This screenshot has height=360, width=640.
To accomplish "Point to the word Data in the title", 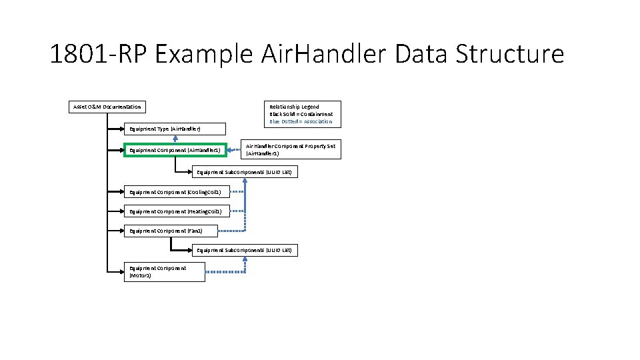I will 419,54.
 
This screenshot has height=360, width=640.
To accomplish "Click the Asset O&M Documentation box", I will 107,107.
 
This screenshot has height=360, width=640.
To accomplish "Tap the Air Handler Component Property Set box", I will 291,149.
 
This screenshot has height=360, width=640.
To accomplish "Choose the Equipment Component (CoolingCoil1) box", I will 177,192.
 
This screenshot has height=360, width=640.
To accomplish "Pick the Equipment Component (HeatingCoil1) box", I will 177,211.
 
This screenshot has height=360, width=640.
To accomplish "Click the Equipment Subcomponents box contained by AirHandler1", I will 244,172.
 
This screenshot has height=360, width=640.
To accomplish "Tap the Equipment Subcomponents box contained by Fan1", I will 244,251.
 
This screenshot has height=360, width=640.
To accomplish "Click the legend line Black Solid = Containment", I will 301,114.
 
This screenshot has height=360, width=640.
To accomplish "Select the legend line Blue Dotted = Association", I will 301,122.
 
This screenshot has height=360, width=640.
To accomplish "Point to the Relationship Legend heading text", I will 294,107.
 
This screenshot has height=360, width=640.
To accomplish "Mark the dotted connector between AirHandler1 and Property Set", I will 234,150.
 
